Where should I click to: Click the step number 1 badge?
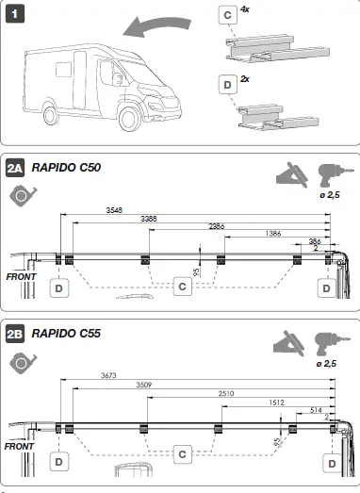pos(16,16)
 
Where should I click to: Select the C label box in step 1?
pos(228,15)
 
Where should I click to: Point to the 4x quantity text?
pos(246,8)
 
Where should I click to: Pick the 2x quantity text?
pos(246,78)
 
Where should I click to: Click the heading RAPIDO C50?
pos(67,169)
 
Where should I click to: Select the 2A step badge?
pos(16,169)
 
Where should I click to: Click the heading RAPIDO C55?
pos(67,333)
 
